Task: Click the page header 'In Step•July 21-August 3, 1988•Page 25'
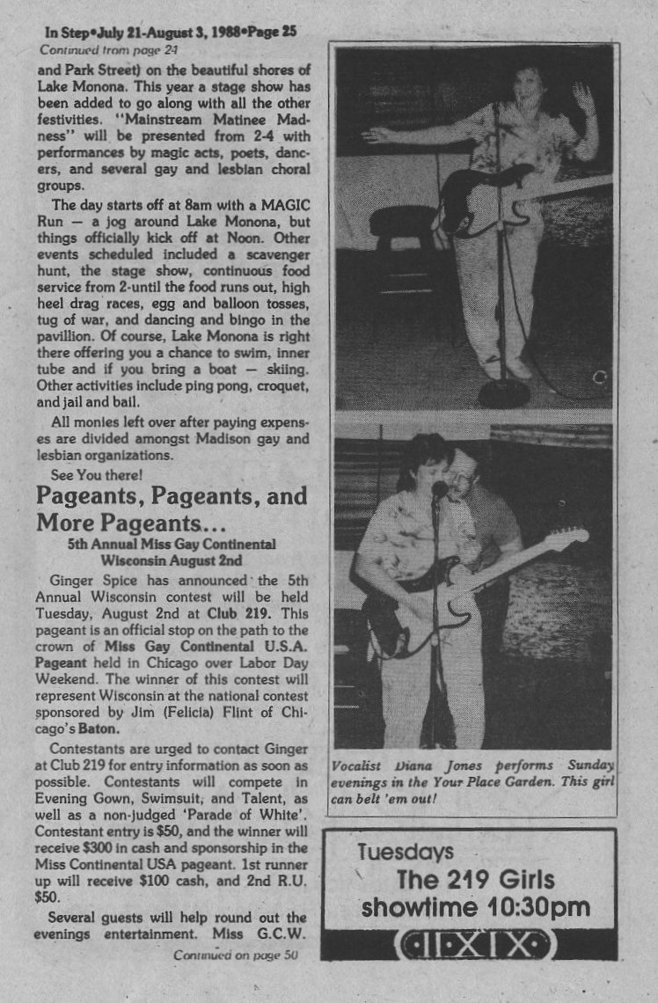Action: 171,33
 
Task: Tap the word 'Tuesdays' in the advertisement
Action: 406,852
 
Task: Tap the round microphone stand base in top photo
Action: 503,392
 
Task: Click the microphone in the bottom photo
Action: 438,488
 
